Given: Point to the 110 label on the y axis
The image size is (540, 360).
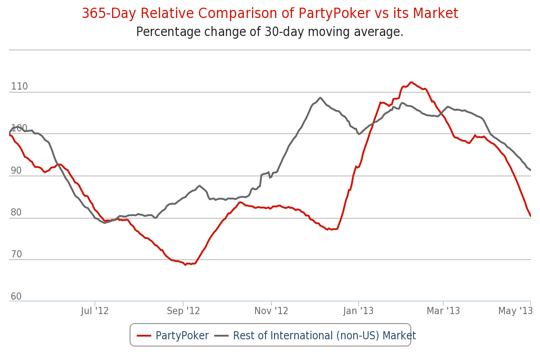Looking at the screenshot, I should click(x=19, y=86).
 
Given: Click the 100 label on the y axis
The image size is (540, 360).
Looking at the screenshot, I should click(x=19, y=128).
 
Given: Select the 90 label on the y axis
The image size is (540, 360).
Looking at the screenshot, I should click(x=16, y=171).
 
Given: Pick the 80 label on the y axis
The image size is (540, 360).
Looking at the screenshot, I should click(x=16, y=212).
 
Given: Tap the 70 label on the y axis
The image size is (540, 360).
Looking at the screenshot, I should click(x=16, y=254).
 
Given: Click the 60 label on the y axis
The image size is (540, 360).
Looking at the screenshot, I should click(x=16, y=297).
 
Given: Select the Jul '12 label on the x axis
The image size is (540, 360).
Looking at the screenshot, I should click(x=95, y=311).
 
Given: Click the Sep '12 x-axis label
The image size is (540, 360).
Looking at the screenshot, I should click(x=183, y=311).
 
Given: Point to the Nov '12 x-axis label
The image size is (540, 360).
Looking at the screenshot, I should click(x=271, y=311).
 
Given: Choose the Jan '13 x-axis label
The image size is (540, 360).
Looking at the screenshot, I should click(x=359, y=311).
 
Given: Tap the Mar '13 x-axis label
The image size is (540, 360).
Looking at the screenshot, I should click(x=443, y=311).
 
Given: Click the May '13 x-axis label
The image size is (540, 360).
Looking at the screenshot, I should click(x=515, y=311).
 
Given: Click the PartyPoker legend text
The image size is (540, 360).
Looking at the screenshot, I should click(x=182, y=336).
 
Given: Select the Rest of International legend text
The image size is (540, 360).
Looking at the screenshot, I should click(x=324, y=336).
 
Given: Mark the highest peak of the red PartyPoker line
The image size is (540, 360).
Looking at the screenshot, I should click(x=411, y=82).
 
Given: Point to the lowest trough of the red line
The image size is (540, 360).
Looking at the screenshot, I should click(x=185, y=265).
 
